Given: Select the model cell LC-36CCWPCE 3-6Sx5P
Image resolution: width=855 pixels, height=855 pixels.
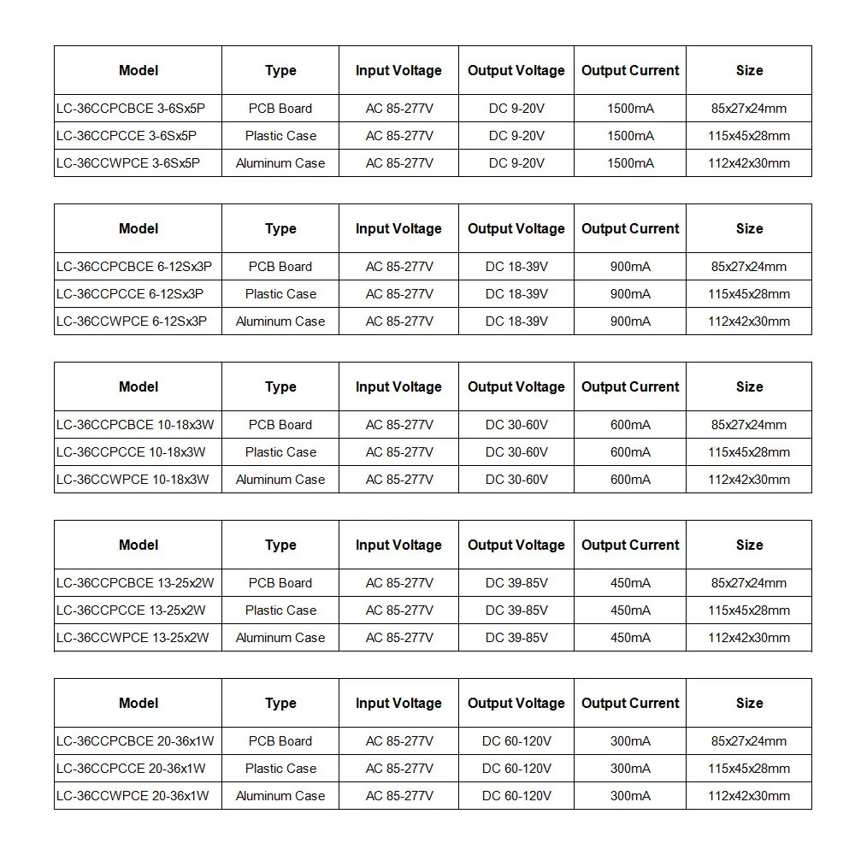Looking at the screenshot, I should (127, 163).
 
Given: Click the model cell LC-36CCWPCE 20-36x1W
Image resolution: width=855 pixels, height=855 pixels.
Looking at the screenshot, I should (133, 796).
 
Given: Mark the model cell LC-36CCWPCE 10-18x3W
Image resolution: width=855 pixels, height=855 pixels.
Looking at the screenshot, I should (133, 480).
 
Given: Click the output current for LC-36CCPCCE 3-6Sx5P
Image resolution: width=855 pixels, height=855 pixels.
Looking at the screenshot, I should (630, 136).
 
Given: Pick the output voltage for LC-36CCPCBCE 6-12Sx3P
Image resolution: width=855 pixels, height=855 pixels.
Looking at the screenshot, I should (516, 267).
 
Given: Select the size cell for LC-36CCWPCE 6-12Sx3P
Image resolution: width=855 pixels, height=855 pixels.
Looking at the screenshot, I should (749, 321).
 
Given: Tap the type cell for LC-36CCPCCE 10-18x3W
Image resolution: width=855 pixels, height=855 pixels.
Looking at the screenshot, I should (280, 452).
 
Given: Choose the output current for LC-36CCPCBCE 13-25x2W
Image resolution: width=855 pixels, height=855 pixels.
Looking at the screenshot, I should (630, 583).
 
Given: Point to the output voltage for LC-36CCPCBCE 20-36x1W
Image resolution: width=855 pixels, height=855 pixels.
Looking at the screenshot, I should (516, 741).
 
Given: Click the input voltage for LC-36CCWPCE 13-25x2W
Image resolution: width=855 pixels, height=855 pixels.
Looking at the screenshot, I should (399, 638).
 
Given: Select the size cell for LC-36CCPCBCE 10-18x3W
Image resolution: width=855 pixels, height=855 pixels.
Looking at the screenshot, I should (749, 425).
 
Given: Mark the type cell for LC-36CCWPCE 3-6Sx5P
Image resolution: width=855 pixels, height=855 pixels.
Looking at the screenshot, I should (280, 163).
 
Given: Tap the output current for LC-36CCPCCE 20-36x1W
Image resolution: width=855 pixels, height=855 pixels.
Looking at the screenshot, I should (630, 769).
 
